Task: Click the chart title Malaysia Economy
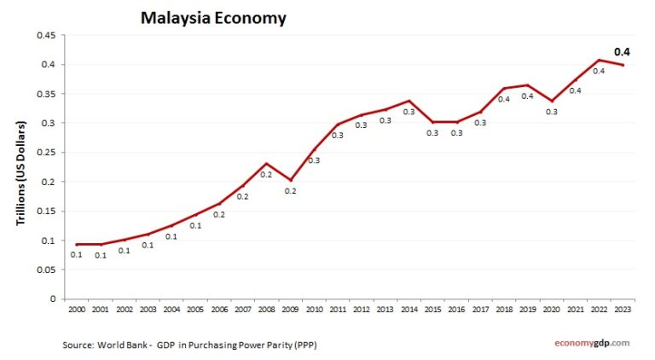(213, 17)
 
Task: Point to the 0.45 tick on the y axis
(43, 35)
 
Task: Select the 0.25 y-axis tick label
(43, 153)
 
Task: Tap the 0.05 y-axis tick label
(43, 270)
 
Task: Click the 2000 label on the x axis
(76, 309)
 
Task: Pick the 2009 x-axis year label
(290, 309)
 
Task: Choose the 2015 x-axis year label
(432, 309)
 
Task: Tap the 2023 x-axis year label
(623, 309)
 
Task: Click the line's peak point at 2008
(266, 163)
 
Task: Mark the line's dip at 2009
(290, 180)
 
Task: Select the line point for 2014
(409, 101)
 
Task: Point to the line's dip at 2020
(551, 101)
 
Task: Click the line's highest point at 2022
(599, 60)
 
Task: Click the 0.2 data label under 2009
(290, 191)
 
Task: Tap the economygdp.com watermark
(588, 342)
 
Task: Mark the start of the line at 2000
(76, 245)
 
